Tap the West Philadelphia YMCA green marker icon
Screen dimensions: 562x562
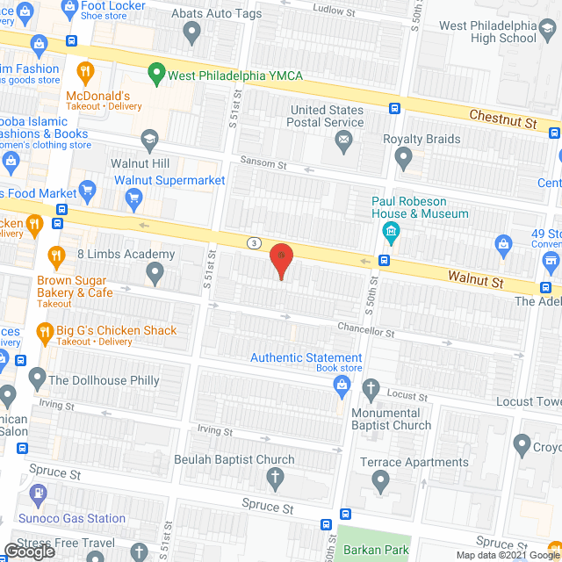157,73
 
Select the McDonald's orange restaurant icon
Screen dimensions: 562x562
85,72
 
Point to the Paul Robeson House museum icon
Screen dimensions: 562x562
392,233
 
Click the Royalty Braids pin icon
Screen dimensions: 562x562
403,159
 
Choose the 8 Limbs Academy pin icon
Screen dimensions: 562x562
155,275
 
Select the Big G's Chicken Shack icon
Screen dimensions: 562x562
43,332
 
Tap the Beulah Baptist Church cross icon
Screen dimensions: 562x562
275,479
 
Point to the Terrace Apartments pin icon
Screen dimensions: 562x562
380,479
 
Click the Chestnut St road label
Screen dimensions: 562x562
502,118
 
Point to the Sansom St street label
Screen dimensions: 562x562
263,164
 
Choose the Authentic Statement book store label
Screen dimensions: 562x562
306,358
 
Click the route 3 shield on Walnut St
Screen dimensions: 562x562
254,242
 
